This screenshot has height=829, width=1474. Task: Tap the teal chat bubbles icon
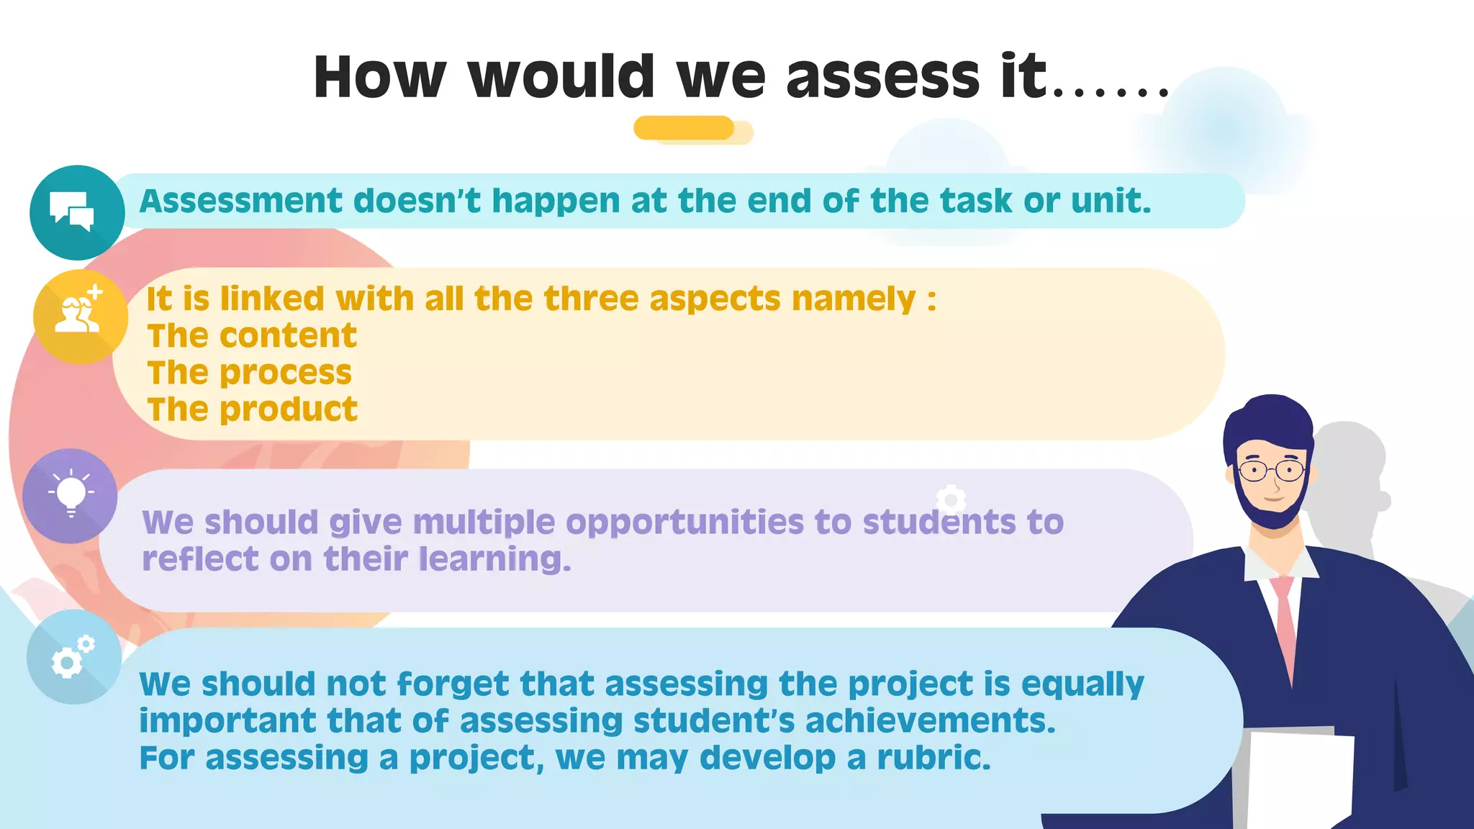tap(76, 212)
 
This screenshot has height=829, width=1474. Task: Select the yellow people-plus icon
tap(80, 317)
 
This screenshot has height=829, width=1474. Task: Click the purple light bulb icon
tap(70, 495)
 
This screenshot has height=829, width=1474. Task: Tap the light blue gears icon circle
tap(73, 656)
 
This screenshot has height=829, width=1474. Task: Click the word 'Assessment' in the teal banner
tap(241, 201)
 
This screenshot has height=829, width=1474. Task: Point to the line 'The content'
tap(252, 335)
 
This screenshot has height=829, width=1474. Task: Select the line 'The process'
tap(250, 373)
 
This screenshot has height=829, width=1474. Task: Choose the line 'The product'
tap(253, 409)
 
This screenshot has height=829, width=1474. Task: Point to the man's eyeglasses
tap(1272, 471)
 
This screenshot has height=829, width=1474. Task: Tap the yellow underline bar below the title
tap(684, 128)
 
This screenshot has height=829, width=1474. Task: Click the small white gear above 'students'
tap(951, 498)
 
